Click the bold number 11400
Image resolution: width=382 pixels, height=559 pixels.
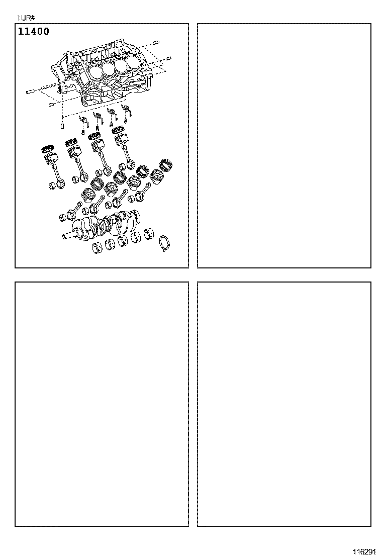(x=34, y=32)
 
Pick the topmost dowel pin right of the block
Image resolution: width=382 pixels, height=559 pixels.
(x=155, y=42)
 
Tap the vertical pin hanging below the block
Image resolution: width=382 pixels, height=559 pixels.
(x=62, y=125)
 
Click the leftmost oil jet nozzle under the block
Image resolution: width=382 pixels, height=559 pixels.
(x=83, y=120)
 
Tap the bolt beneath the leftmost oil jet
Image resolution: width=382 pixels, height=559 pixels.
(x=83, y=132)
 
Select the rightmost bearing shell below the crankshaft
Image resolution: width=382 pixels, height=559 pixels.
(x=148, y=233)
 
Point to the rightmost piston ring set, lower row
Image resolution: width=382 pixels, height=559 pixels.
(x=165, y=164)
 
